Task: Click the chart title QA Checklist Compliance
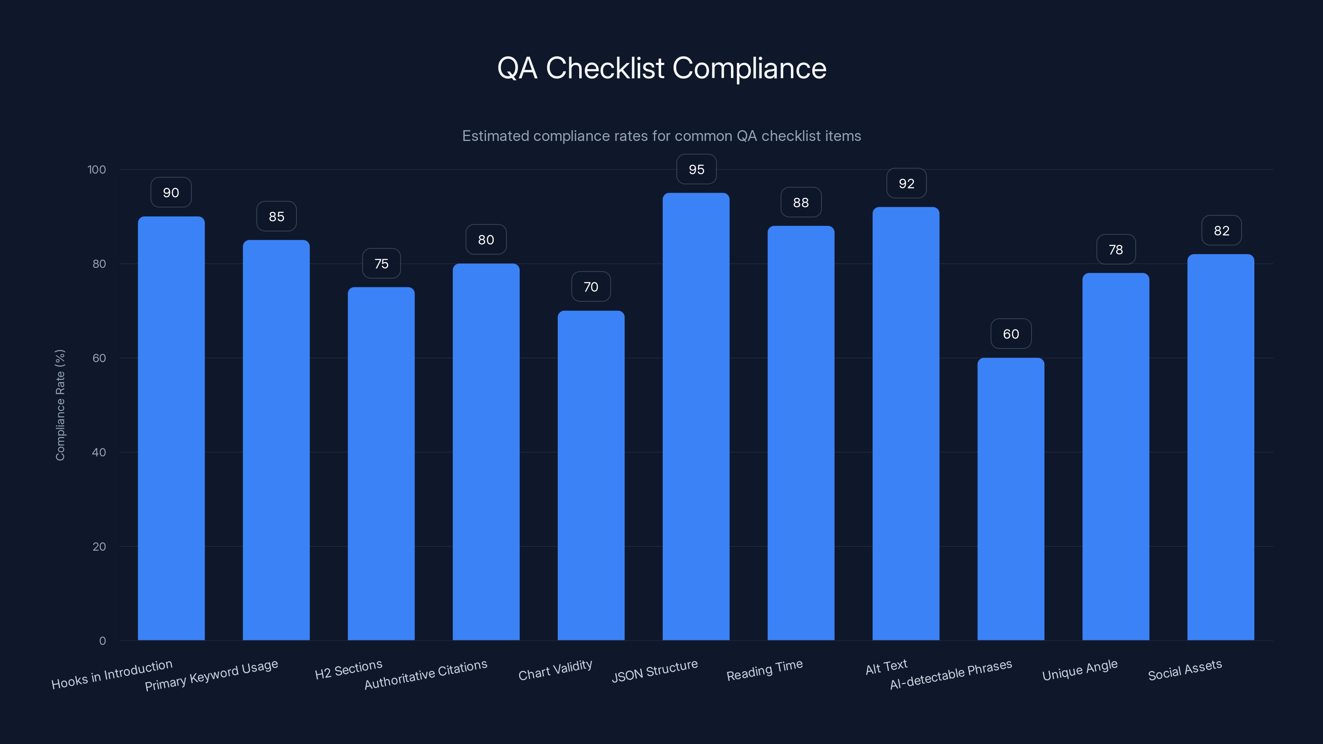pyautogui.click(x=661, y=68)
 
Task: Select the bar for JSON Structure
pyautogui.click(x=696, y=416)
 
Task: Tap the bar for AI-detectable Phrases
pyautogui.click(x=1010, y=498)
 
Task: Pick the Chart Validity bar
pyautogui.click(x=591, y=475)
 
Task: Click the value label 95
pyautogui.click(x=696, y=169)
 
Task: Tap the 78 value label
pyautogui.click(x=1115, y=250)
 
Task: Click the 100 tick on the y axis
pyautogui.click(x=97, y=169)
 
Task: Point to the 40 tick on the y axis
pyautogui.click(x=99, y=452)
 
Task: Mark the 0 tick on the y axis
pyautogui.click(x=102, y=641)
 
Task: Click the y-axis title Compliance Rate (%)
pyautogui.click(x=60, y=405)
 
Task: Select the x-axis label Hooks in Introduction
pyautogui.click(x=112, y=674)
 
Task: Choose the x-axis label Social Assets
pyautogui.click(x=1185, y=670)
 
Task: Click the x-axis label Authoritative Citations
pyautogui.click(x=426, y=675)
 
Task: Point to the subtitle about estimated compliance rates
pyautogui.click(x=661, y=136)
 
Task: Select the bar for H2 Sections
pyautogui.click(x=381, y=462)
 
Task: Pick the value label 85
pyautogui.click(x=276, y=216)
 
